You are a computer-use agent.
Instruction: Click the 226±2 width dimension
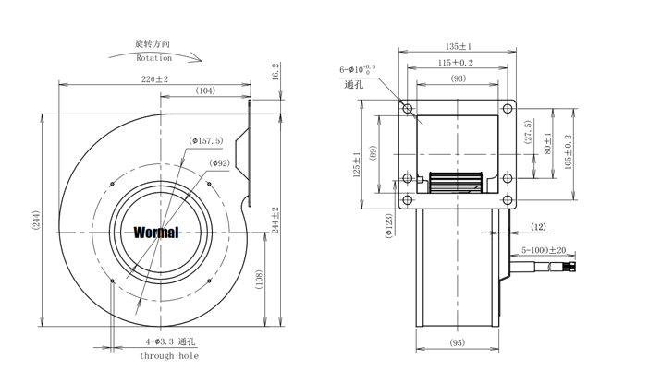(154, 79)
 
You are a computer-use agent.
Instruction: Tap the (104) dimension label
(206, 90)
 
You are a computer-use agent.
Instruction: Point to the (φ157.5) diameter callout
(206, 141)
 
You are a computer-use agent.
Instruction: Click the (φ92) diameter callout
(220, 163)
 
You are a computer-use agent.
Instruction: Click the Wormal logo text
(156, 233)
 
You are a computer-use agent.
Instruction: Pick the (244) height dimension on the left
(36, 221)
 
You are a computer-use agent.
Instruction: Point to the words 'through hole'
(169, 355)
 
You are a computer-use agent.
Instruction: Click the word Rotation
(154, 57)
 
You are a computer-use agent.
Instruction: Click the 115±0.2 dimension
(456, 63)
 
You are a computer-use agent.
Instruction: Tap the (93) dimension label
(458, 78)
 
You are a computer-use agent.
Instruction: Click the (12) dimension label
(538, 227)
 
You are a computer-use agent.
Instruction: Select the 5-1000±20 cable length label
(544, 250)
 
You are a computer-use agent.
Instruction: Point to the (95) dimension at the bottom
(457, 343)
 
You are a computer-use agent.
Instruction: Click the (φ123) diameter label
(388, 225)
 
